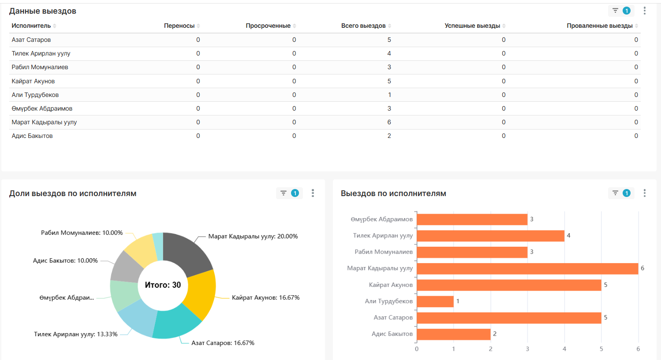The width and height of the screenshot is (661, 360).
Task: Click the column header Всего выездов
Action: pos(363,26)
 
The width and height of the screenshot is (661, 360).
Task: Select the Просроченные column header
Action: pos(268,26)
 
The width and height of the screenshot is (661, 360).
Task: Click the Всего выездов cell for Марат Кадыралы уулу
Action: pos(389,122)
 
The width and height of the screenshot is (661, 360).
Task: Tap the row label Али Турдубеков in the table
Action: pos(35,95)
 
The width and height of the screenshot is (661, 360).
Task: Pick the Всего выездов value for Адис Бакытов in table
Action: pos(389,136)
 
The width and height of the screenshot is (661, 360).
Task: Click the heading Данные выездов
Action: pos(42,11)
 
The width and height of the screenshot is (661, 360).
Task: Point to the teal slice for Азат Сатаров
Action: pos(176,323)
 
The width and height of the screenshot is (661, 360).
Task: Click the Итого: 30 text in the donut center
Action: pos(163,285)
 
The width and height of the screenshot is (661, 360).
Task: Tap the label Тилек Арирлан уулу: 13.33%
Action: pos(75,334)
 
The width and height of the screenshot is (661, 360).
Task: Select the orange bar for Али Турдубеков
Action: pos(435,301)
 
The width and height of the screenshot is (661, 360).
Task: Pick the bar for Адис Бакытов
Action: pos(454,334)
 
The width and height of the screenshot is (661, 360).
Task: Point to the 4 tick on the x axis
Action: pos(564,349)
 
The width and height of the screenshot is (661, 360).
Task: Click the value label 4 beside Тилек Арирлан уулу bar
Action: pos(568,236)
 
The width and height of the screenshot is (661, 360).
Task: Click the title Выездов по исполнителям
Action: pos(393,193)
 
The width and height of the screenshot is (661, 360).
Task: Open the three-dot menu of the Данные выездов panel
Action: pos(645,11)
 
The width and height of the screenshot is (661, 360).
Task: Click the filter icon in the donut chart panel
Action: pos(283,193)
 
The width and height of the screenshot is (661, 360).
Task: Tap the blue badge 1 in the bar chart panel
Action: pos(627,193)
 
